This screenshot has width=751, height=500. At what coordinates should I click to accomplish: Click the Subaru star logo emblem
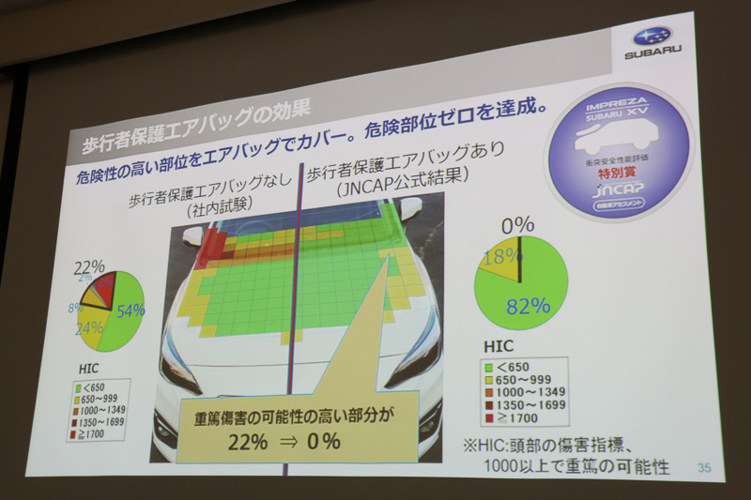click(651, 37)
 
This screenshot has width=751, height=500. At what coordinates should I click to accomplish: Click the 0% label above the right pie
click(516, 225)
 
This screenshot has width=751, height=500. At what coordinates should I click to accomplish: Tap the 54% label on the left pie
click(130, 310)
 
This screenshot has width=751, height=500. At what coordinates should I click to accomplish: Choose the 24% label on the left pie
click(90, 329)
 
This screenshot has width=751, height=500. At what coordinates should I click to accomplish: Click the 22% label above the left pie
click(89, 267)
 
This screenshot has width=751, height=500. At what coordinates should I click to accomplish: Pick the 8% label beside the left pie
click(75, 307)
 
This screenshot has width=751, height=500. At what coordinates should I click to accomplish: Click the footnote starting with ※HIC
click(563, 451)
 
